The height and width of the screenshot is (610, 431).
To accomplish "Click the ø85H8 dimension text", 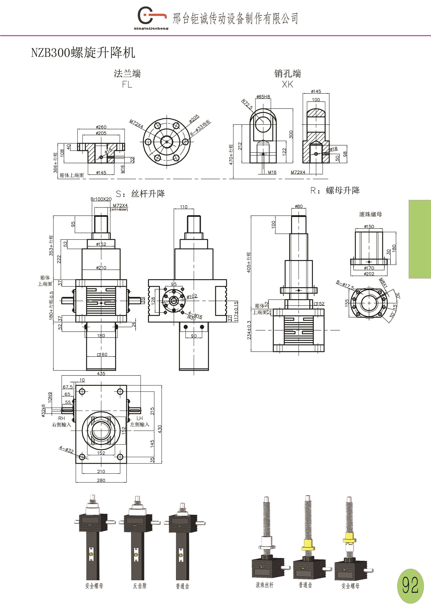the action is coord(263,97).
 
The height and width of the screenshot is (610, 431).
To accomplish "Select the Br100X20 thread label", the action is coord(101,199).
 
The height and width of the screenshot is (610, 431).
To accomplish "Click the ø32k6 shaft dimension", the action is coord(43,411).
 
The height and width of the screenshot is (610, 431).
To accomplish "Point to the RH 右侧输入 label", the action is coord(62,421).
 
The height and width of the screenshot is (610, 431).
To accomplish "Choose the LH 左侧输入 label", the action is coord(140,421).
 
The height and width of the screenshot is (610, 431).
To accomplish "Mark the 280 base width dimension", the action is coord(101,480).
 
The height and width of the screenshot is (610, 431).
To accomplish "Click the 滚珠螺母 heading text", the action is coord(370,214).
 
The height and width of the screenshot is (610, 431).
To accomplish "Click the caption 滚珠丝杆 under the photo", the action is coord(264,585).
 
